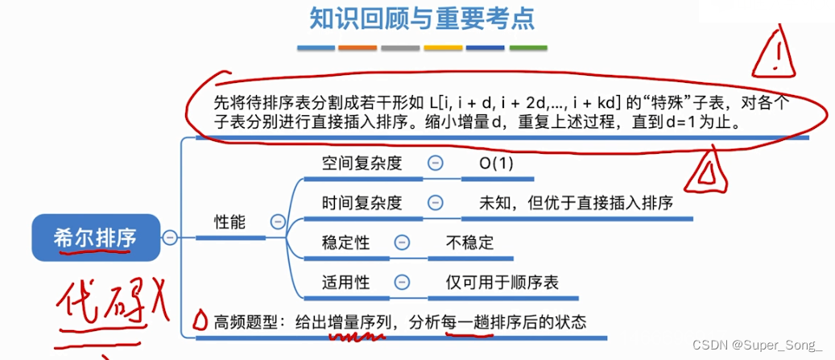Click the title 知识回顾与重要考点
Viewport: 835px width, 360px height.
pyautogui.click(x=422, y=18)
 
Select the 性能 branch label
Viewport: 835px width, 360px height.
pyautogui.click(x=229, y=221)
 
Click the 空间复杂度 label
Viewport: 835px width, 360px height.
pyautogui.click(x=362, y=162)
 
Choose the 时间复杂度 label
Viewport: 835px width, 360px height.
pyautogui.click(x=362, y=202)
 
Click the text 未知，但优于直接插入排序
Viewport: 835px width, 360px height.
pyautogui.click(x=576, y=202)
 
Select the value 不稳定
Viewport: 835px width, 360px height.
pyautogui.click(x=469, y=242)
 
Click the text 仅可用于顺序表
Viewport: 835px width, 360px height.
pyautogui.click(x=502, y=282)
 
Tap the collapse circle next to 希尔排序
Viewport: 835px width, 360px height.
pyautogui.click(x=170, y=237)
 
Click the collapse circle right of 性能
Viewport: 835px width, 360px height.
pyautogui.click(x=278, y=221)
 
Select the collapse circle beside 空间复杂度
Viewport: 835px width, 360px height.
pyautogui.click(x=435, y=162)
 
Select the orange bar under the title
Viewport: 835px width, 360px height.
pyautogui.click(x=358, y=48)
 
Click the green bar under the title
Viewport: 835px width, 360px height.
pyautogui.click(x=528, y=48)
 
